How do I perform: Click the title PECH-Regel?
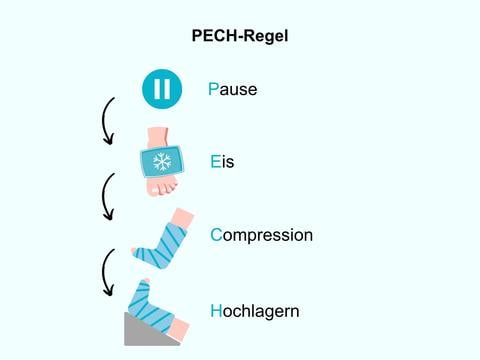(240, 36)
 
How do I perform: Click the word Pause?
(233, 89)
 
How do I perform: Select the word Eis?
(222, 161)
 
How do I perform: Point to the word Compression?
(261, 236)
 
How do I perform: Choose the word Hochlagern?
(255, 311)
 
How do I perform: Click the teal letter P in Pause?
(214, 89)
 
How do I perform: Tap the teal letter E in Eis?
(216, 161)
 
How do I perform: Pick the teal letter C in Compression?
(217, 236)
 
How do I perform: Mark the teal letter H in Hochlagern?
(217, 311)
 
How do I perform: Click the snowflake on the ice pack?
(161, 163)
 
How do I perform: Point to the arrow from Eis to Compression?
(107, 197)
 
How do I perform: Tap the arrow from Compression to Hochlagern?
(107, 273)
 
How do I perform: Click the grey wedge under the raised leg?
(140, 331)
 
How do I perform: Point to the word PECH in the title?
(215, 36)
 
